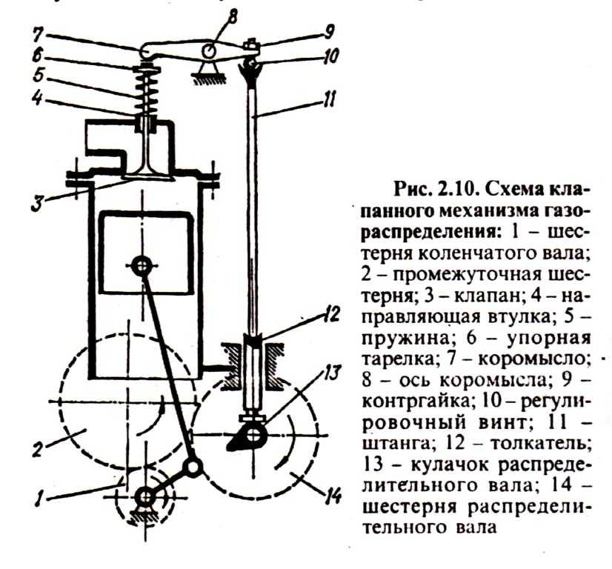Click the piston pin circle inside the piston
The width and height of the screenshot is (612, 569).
pos(141,264)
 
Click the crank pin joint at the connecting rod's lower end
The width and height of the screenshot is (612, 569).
pos(194,467)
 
